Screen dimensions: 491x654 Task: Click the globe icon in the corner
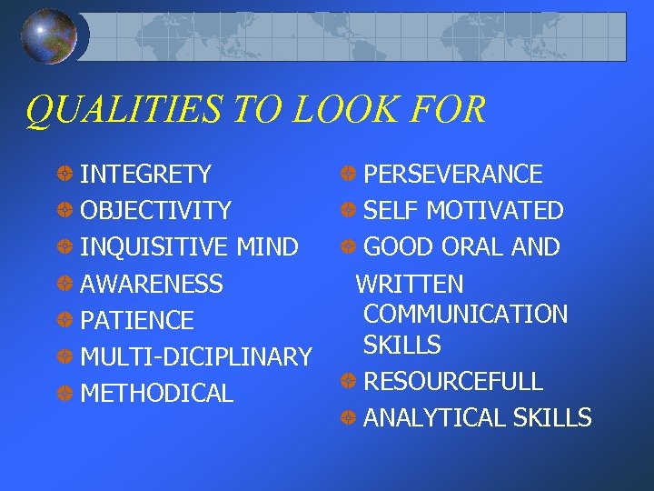click(49, 36)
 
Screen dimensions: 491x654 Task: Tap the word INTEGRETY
click(146, 174)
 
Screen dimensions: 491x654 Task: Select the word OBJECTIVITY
click(156, 211)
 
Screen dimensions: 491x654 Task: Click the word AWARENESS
click(152, 284)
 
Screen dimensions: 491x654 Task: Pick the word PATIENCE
click(137, 320)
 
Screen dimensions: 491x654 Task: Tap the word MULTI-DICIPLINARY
click(196, 356)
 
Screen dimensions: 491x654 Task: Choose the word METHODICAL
click(157, 394)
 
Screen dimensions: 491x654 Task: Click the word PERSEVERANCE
click(452, 174)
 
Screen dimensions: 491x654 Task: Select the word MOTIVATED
click(495, 211)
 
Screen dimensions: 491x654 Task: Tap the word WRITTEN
click(410, 284)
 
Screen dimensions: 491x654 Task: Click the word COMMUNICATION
click(465, 315)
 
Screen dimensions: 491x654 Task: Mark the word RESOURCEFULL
click(452, 381)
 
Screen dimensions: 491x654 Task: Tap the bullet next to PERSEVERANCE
click(350, 174)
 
